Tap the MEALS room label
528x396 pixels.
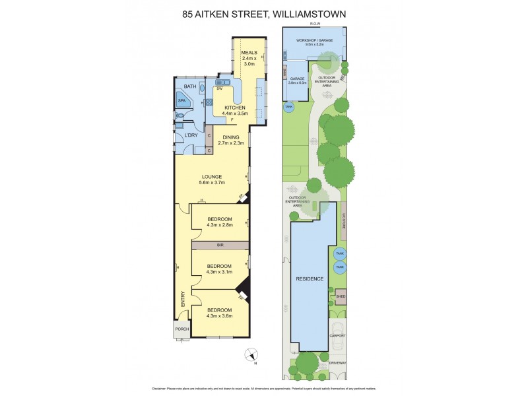249,52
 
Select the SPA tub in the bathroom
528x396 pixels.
182,101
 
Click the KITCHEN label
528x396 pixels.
235,108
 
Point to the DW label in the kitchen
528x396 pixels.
219,88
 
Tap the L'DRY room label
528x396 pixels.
191,136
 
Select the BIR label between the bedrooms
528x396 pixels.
220,245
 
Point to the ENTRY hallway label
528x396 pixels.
183,298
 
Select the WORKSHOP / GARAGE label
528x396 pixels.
314,40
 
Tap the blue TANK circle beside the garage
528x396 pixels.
288,106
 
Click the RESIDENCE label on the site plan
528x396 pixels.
310,279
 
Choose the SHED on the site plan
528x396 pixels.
341,296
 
